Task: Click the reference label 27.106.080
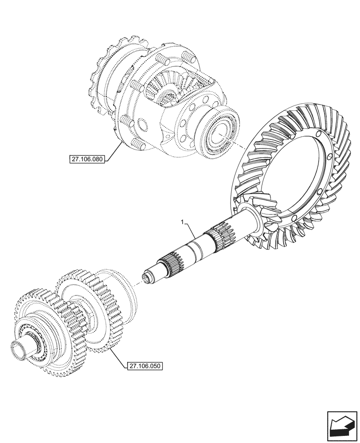[x=86, y=159]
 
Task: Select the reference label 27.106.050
[x=145, y=366]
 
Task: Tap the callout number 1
[x=181, y=221]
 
